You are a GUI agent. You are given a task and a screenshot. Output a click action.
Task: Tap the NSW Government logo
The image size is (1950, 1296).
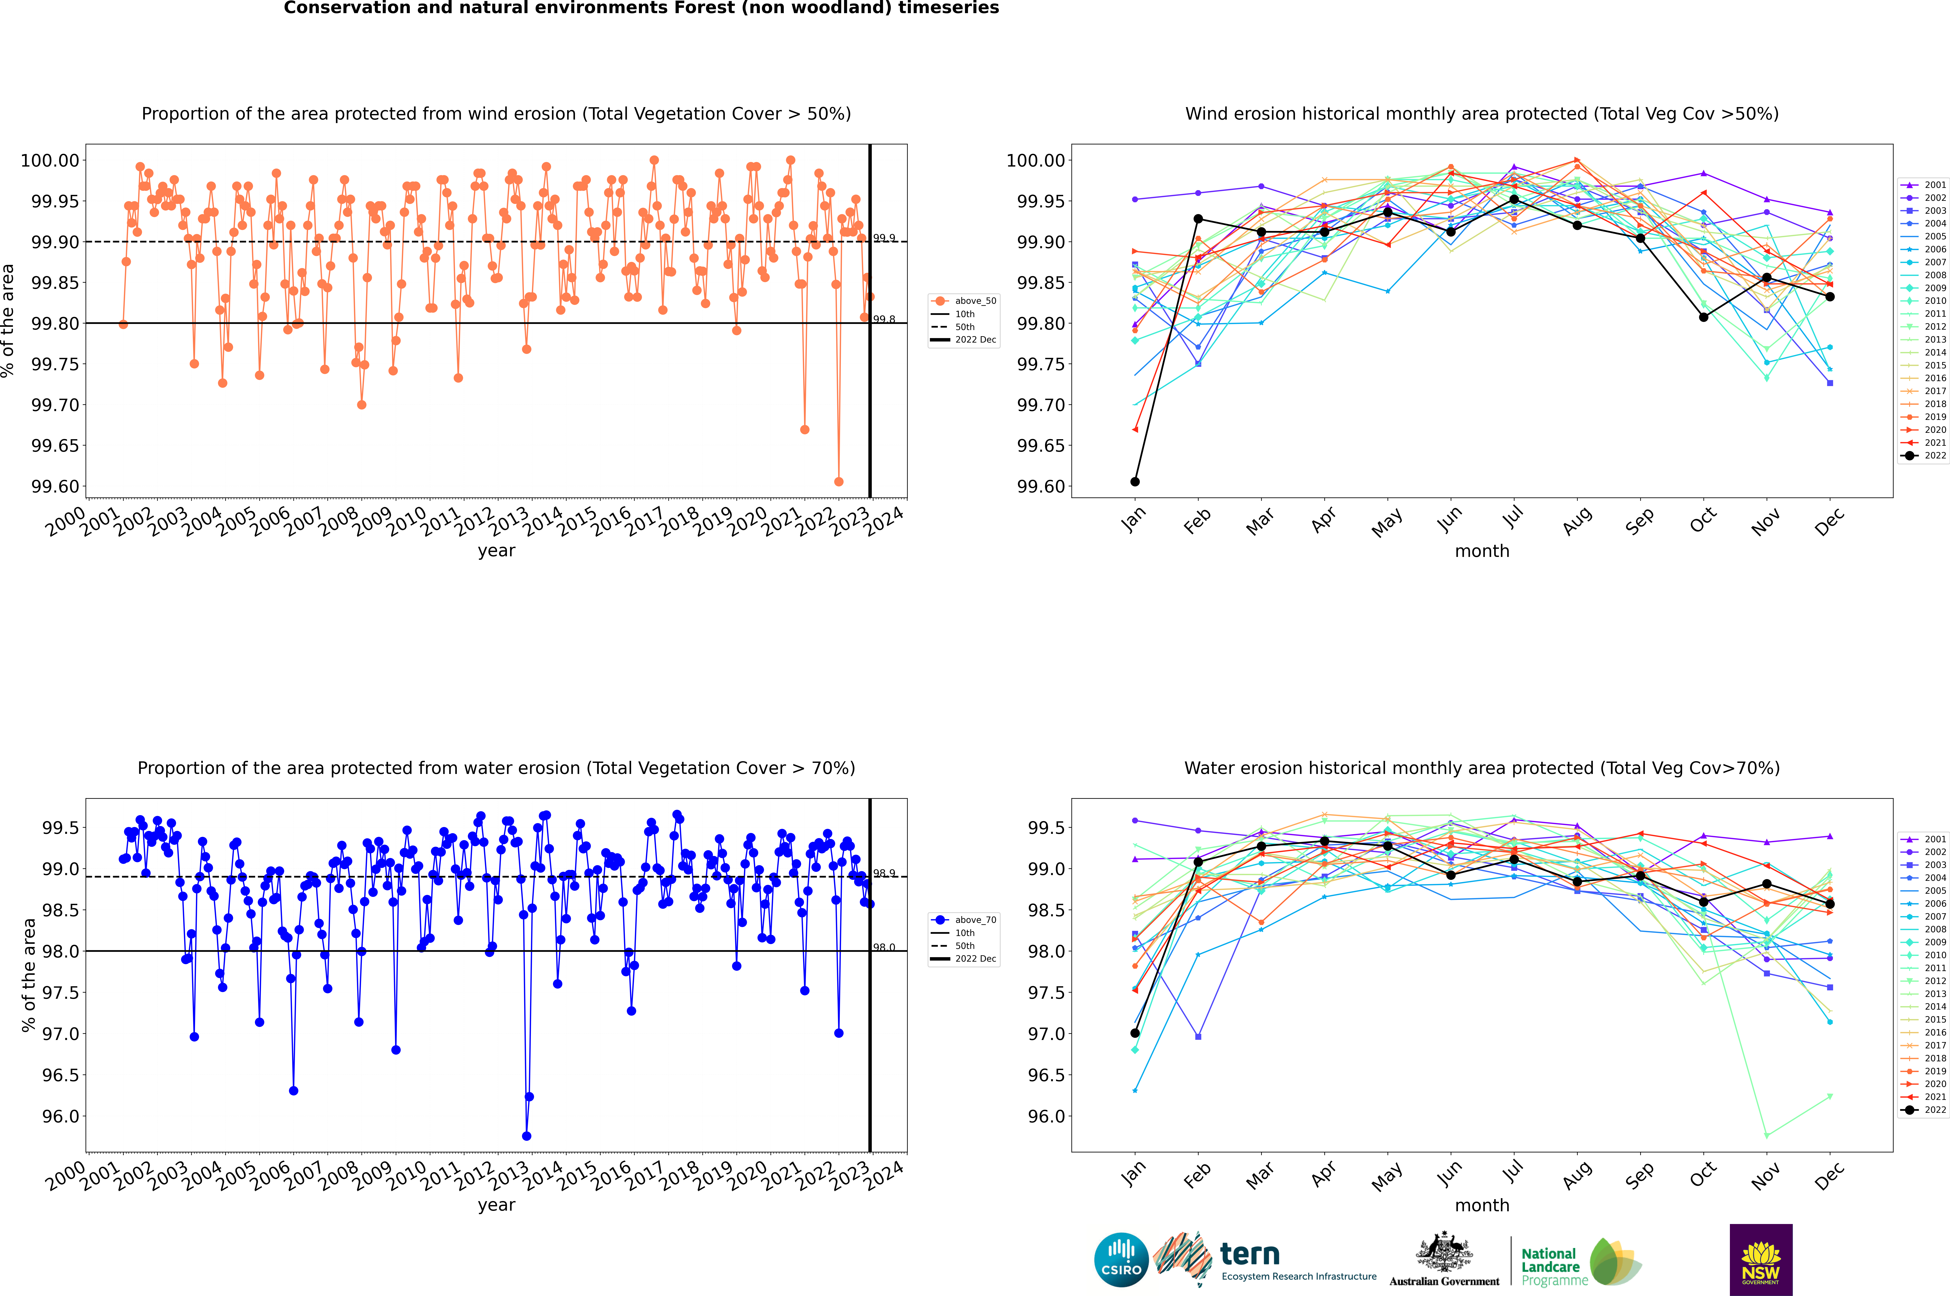pos(1761,1260)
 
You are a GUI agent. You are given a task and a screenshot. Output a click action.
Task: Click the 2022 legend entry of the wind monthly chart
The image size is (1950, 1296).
pos(1926,455)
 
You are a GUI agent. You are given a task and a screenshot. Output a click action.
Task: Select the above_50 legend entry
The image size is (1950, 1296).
pos(965,301)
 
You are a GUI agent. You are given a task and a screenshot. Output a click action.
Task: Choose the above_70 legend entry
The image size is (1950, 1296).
pos(965,920)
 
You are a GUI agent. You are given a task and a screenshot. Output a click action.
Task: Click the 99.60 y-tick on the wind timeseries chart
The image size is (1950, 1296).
pos(55,487)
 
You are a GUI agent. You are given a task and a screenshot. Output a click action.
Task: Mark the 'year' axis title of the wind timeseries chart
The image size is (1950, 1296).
pos(496,551)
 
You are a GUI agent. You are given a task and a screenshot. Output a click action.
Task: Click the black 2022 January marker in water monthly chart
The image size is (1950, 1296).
pos(1135,1033)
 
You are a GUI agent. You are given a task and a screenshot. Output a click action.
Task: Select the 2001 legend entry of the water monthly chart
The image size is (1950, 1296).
pos(1926,839)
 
